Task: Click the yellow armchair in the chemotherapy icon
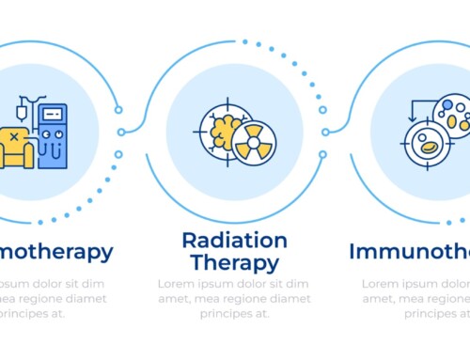click(16, 149)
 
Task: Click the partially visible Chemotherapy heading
click(56, 251)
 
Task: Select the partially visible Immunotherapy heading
click(409, 251)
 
